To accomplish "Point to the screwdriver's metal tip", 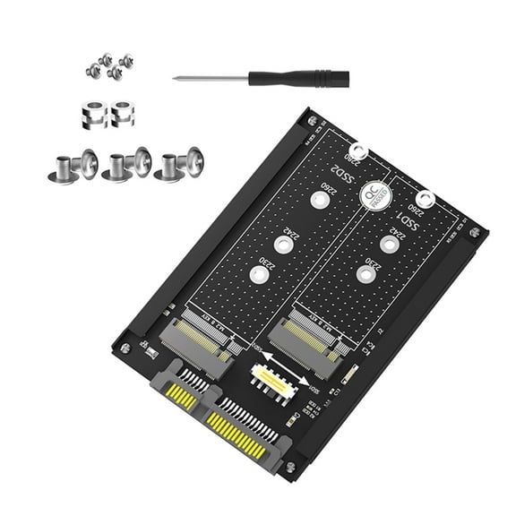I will point(179,79).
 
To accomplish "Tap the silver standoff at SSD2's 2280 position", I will point(358,153).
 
